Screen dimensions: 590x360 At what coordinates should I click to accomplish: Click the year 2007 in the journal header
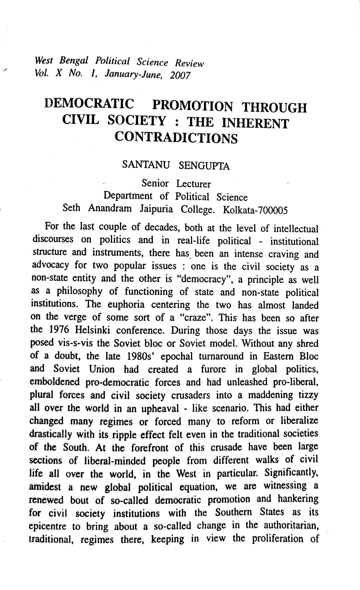tap(180, 75)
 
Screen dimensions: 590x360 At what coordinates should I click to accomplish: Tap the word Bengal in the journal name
tap(74, 61)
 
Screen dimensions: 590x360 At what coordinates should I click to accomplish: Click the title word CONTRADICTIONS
tap(176, 138)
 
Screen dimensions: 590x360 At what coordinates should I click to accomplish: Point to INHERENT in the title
tap(255, 123)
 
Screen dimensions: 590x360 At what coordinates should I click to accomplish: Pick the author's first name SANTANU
tap(146, 164)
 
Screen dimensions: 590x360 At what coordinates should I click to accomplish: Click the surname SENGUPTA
tap(204, 166)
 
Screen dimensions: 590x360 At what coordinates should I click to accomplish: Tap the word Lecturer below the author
tap(193, 184)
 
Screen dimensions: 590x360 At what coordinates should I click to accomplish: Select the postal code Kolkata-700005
tap(255, 210)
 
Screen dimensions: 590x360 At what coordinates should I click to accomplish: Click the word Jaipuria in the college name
tap(156, 209)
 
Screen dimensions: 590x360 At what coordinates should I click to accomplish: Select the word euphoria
tap(126, 305)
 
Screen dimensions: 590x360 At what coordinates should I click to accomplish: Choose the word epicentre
tap(47, 526)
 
